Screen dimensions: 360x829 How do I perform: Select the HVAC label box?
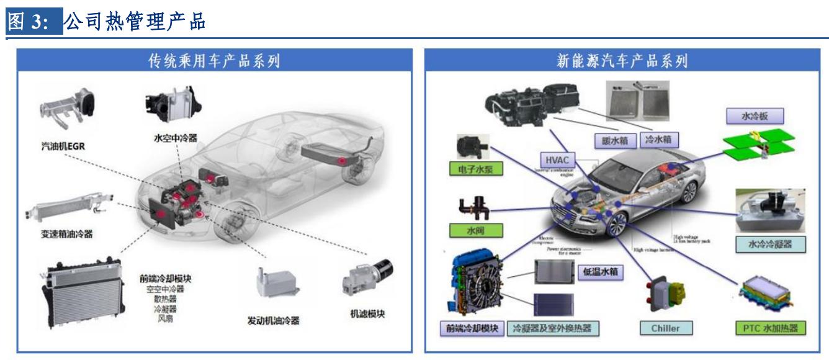[553, 159]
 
